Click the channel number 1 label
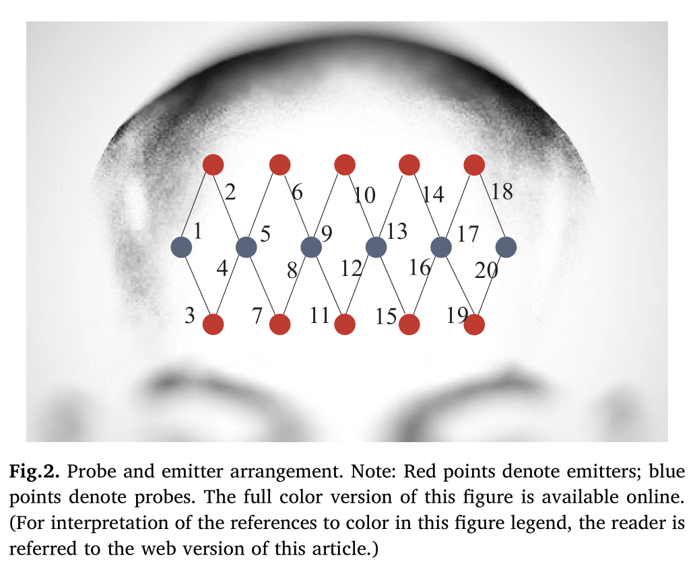pyautogui.click(x=198, y=232)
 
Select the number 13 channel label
pyautogui.click(x=397, y=232)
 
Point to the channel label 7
pyautogui.click(x=257, y=316)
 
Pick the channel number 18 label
pyautogui.click(x=502, y=192)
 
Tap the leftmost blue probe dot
pyautogui.click(x=182, y=247)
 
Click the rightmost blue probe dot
pyautogui.click(x=506, y=247)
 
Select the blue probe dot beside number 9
pyautogui.click(x=310, y=247)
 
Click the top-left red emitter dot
pyautogui.click(x=213, y=164)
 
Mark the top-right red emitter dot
pyautogui.click(x=474, y=164)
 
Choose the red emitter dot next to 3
pyautogui.click(x=213, y=324)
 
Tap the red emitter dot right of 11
pyautogui.click(x=344, y=324)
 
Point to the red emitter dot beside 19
pyautogui.click(x=474, y=324)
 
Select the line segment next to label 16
pyautogui.click(x=425, y=285)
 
